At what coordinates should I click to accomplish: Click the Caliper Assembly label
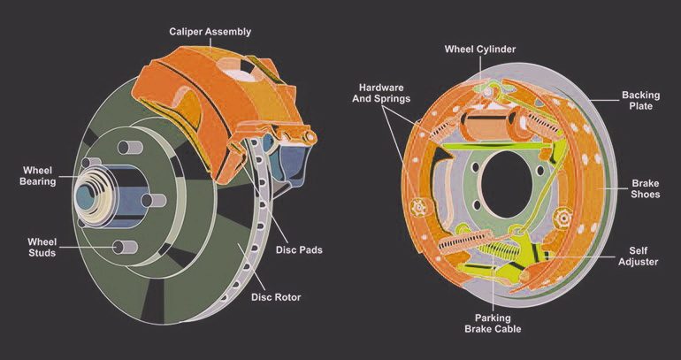click(210, 32)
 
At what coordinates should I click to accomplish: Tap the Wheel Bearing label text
click(38, 175)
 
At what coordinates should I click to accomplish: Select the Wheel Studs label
click(42, 247)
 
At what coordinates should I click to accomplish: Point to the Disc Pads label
click(299, 250)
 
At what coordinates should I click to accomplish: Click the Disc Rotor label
click(276, 297)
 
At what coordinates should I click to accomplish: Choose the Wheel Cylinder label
click(479, 50)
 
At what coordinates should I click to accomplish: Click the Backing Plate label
click(637, 100)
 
